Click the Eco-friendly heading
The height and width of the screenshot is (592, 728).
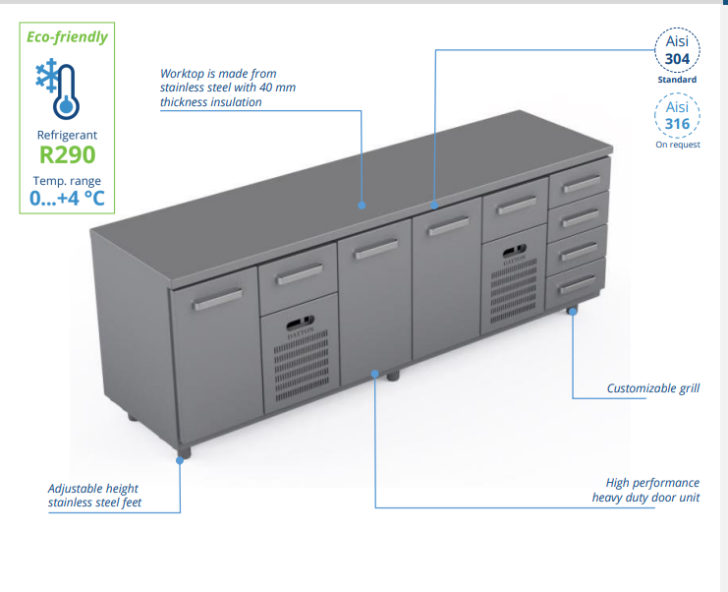68,37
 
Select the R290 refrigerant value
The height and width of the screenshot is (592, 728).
68,154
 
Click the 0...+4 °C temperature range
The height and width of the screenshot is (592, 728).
67,198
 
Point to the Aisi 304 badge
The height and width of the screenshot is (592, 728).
678,49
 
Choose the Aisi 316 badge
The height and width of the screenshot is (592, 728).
678,115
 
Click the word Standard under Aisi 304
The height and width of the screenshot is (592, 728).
678,80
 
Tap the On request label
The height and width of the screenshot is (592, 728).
678,145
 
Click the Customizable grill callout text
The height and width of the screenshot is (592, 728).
653,388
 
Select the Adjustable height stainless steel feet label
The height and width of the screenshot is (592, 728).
94,496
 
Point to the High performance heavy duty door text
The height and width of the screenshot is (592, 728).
645,490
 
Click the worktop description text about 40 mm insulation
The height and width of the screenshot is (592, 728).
228,88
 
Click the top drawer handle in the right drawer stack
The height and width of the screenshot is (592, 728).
580,184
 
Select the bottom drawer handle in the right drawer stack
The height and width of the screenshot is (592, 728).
576,284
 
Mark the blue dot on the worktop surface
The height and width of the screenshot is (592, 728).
363,206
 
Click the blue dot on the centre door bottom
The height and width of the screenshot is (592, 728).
375,373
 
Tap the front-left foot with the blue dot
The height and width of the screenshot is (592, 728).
182,454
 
